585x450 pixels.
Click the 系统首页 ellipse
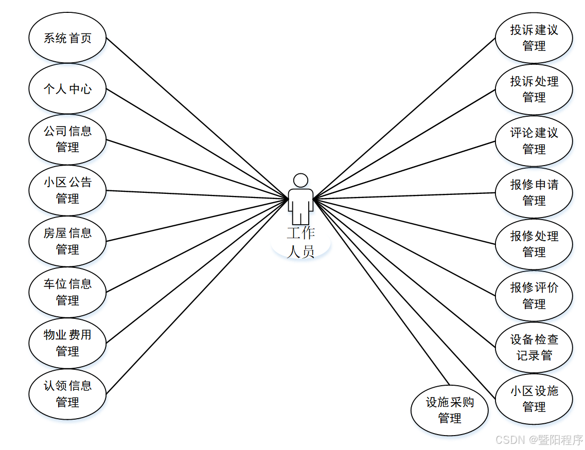pyautogui.click(x=67, y=38)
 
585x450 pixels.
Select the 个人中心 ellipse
pyautogui.click(x=67, y=88)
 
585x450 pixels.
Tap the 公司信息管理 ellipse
pyautogui.click(x=67, y=139)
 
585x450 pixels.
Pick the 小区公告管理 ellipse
pyautogui.click(x=67, y=190)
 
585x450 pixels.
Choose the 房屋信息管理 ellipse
pyautogui.click(x=67, y=241)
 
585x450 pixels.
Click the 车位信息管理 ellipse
pyautogui.click(x=67, y=292)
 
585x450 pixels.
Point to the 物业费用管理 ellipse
pyautogui.click(x=67, y=343)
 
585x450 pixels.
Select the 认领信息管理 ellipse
pyautogui.click(x=67, y=394)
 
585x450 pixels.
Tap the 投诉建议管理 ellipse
pyautogui.click(x=534, y=38)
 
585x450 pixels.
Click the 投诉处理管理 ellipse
pyautogui.click(x=534, y=89)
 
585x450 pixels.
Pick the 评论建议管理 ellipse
pyautogui.click(x=534, y=141)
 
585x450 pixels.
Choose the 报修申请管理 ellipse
pyautogui.click(x=534, y=193)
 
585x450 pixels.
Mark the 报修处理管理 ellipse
pyautogui.click(x=534, y=244)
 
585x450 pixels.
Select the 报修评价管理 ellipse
pyautogui.click(x=534, y=296)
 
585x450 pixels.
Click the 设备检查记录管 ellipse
pyautogui.click(x=534, y=348)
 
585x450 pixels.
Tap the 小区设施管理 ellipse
pyautogui.click(x=534, y=399)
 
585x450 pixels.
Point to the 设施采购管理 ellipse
pyautogui.click(x=449, y=410)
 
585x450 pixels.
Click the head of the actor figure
pyautogui.click(x=300, y=180)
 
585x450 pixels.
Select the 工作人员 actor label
pyautogui.click(x=301, y=242)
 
